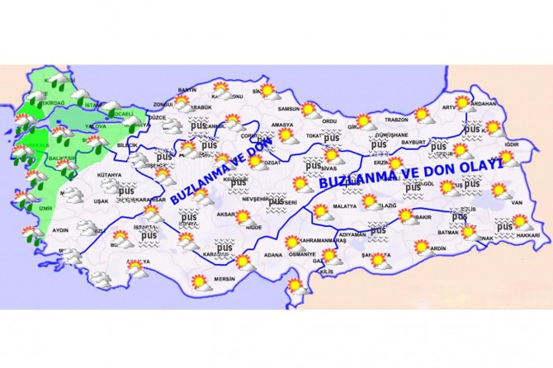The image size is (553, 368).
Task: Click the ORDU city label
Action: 329,121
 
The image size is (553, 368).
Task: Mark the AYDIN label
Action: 61,232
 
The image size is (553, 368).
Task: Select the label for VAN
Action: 518,203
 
